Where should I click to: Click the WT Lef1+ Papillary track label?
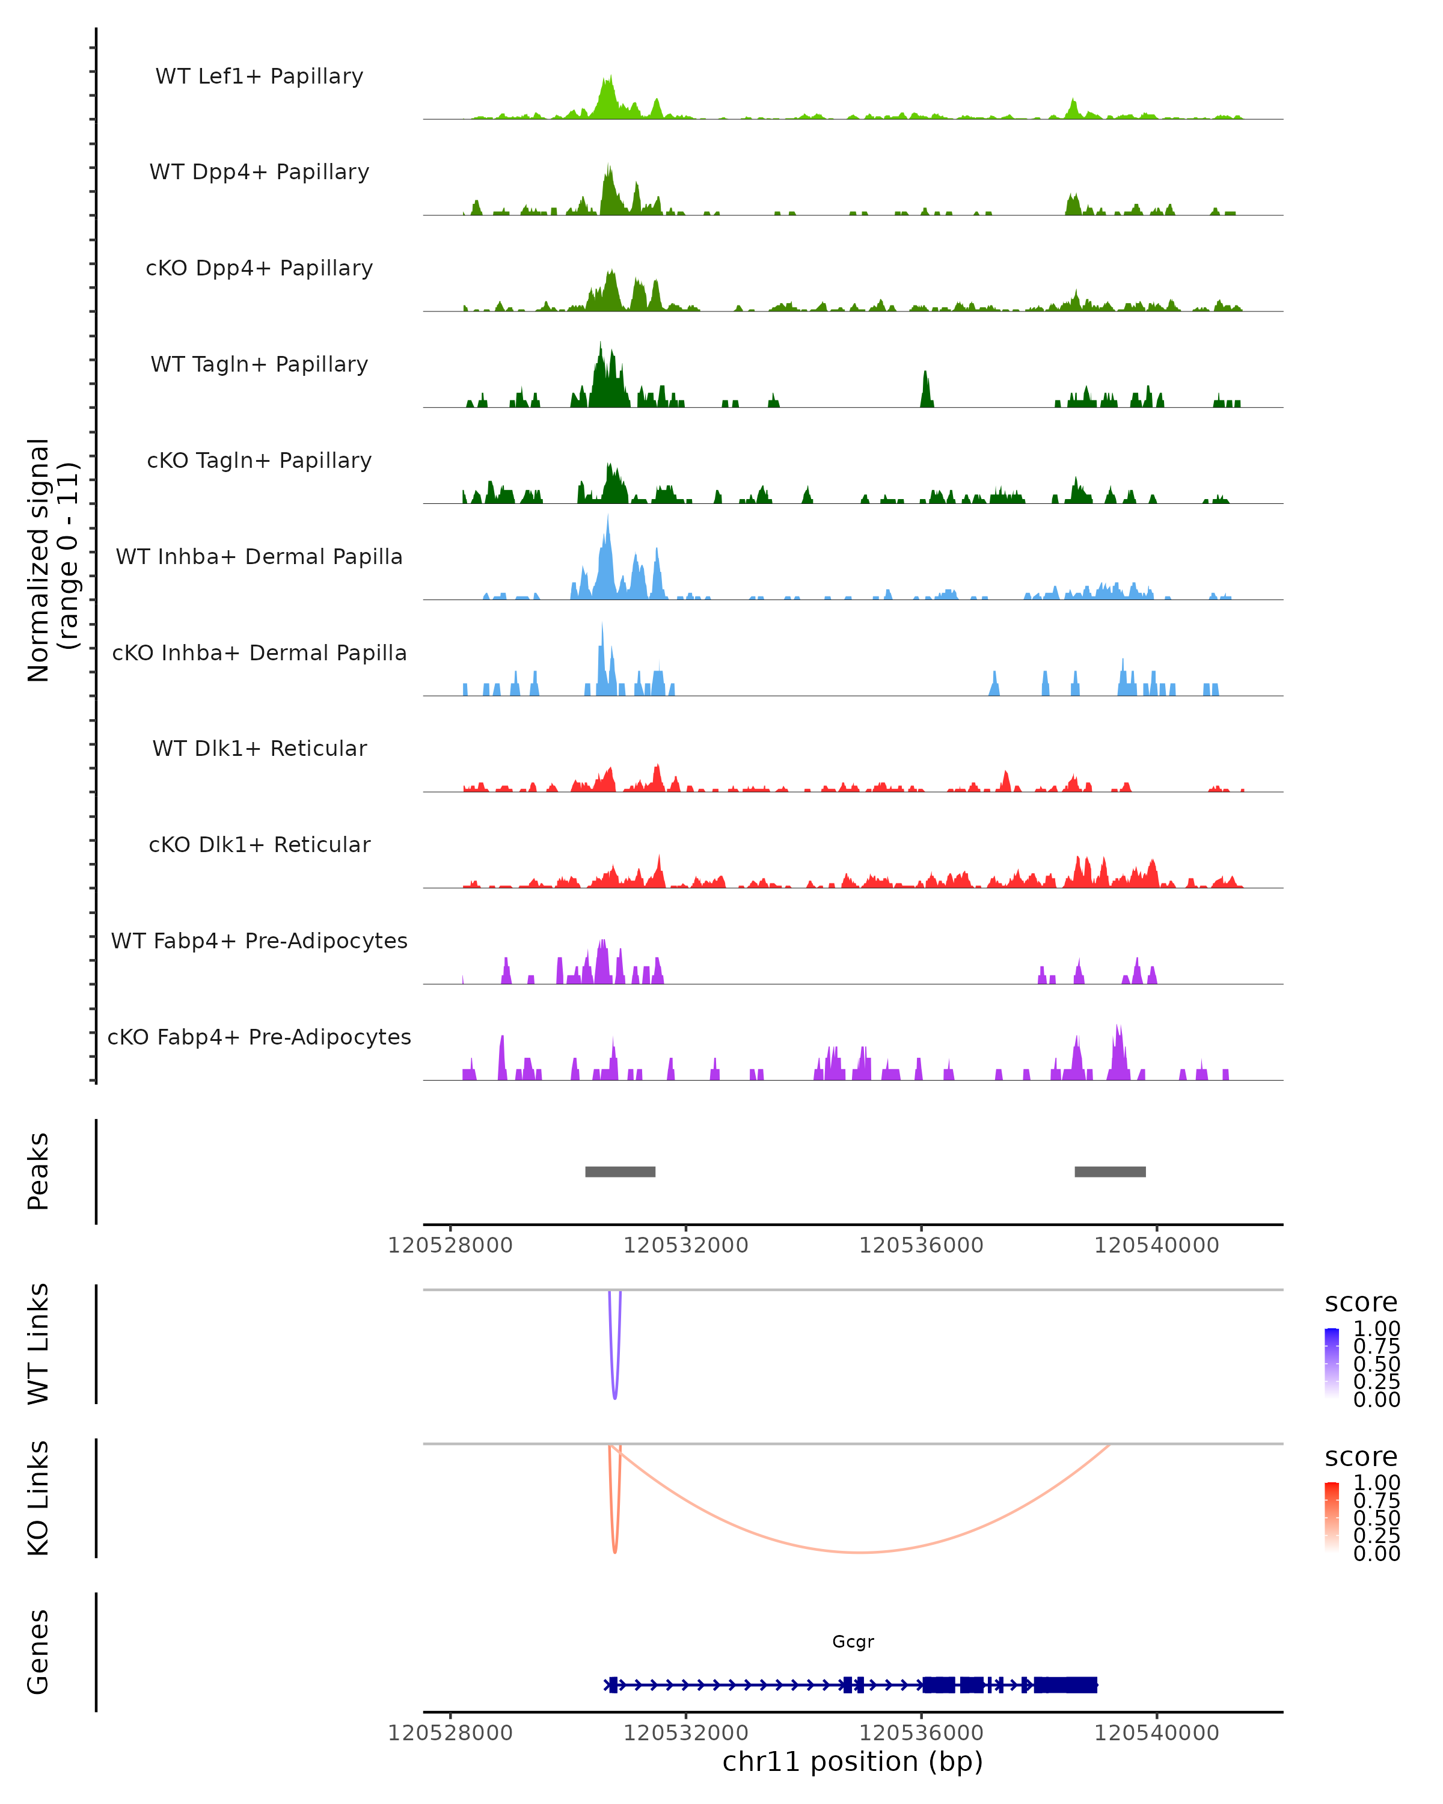coord(259,76)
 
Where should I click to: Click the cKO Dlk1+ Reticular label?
coord(259,844)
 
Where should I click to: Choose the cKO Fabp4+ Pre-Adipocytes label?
coord(259,1037)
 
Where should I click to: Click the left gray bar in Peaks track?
coord(620,1171)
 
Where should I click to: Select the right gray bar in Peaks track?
coord(1110,1171)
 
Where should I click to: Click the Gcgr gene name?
coord(853,1642)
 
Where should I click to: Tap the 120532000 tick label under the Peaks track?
coord(686,1246)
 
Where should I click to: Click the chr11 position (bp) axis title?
coord(853,1762)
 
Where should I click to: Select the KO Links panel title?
coord(38,1498)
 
